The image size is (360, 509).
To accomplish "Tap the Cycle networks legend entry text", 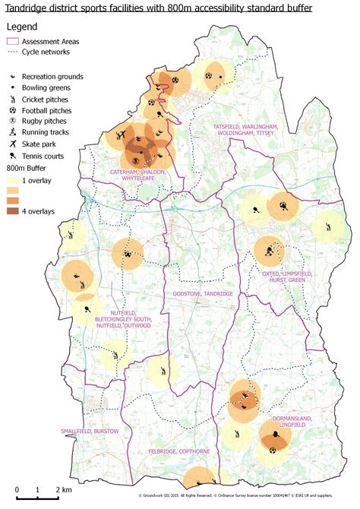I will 49,52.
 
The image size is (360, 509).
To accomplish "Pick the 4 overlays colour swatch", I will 14,210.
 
